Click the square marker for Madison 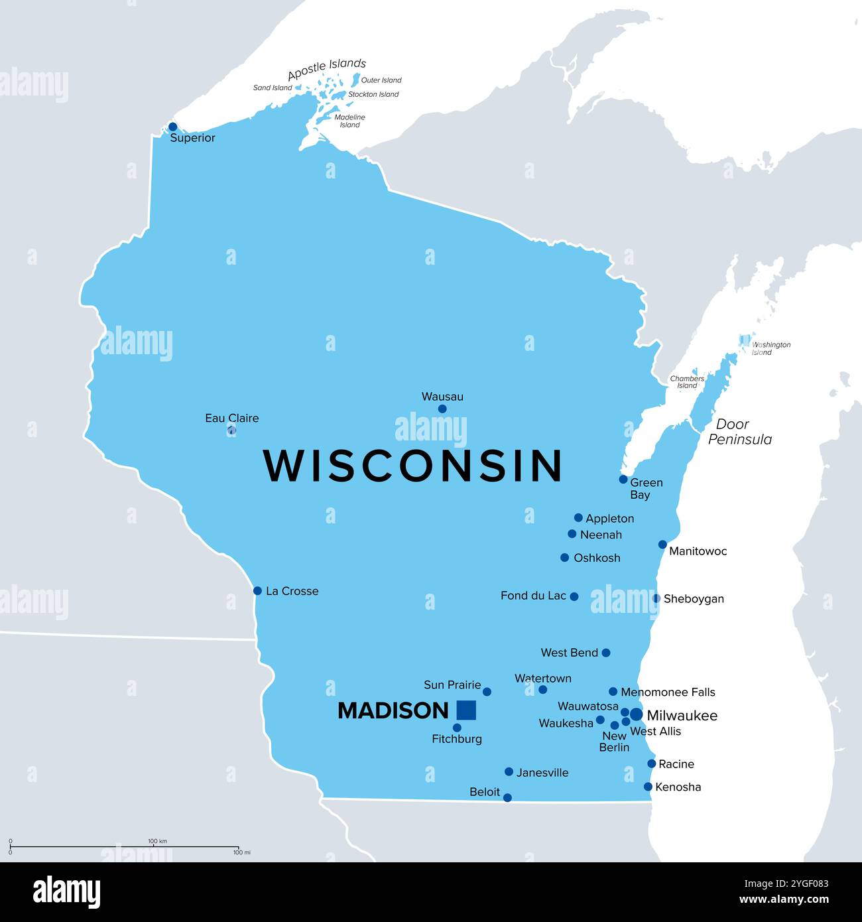tap(466, 710)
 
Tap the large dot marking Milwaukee tap(636, 714)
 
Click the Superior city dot tap(173, 127)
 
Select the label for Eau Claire tap(231, 418)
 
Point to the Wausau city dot tap(442, 409)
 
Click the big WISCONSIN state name tap(413, 466)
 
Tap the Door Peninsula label tap(739, 431)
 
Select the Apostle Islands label tap(326, 68)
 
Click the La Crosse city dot tap(257, 590)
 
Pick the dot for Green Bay tap(623, 479)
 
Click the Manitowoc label tap(698, 551)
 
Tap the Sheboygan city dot tap(656, 598)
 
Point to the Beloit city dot tap(507, 797)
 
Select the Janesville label tap(542, 773)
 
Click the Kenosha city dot tap(648, 787)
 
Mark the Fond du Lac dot tap(574, 596)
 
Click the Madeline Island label tap(350, 121)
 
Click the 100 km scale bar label tap(157, 841)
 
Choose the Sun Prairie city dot tap(487, 692)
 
